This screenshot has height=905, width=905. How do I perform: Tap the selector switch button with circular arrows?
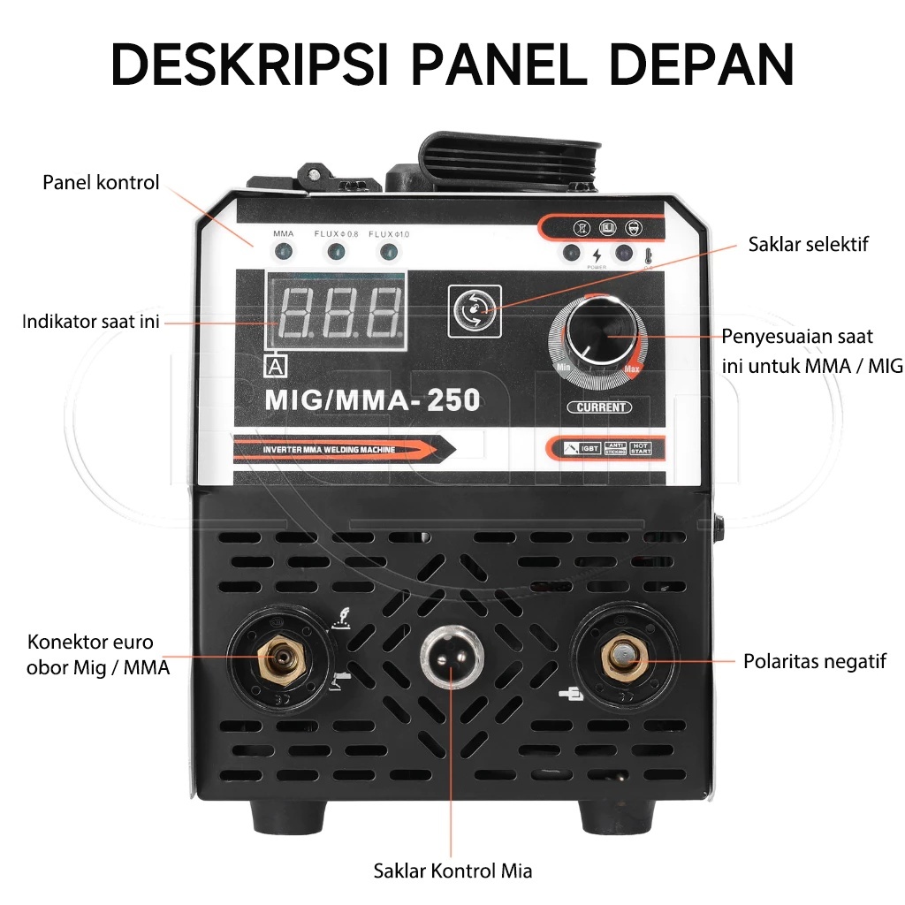click(x=475, y=311)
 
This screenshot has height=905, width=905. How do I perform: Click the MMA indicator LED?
click(x=283, y=253)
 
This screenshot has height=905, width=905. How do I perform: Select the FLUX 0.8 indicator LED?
click(x=336, y=253)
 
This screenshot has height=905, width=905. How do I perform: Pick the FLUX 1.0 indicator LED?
click(x=387, y=253)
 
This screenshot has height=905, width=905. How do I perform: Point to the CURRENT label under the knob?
click(x=598, y=407)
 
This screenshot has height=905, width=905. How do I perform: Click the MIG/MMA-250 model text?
click(x=372, y=400)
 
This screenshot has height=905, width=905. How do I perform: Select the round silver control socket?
click(x=451, y=658)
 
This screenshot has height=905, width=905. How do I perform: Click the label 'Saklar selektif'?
click(x=808, y=244)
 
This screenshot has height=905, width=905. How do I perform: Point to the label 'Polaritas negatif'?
click(x=814, y=661)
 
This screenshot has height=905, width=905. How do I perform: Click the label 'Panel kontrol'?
click(x=101, y=183)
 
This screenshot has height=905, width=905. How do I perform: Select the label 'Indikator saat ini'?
click(x=91, y=322)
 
